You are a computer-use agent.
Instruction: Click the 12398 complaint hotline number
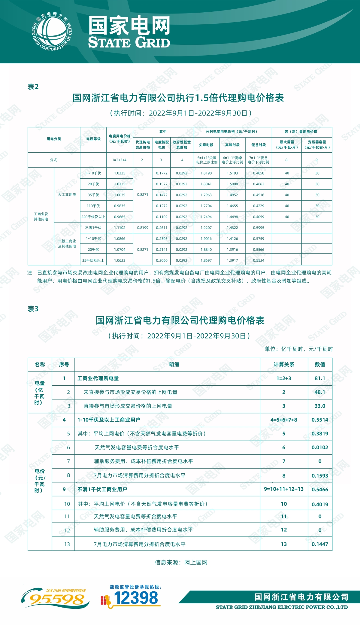[x=136, y=598]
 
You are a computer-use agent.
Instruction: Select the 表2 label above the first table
[x=33, y=87]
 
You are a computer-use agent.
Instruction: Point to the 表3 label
[x=33, y=309]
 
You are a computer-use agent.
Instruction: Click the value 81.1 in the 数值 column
[x=320, y=378]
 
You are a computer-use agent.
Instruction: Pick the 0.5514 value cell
[x=320, y=420]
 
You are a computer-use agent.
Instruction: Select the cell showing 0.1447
[x=320, y=544]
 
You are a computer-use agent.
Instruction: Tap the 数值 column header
[x=320, y=365]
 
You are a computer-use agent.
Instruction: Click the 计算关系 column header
[x=284, y=365]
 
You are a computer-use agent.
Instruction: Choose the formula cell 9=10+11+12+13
[x=284, y=489]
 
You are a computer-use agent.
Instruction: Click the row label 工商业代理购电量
[x=98, y=378]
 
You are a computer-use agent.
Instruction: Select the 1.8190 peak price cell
[x=206, y=173]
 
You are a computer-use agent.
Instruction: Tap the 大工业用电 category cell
[x=67, y=195]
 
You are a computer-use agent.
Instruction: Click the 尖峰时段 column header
[x=206, y=145]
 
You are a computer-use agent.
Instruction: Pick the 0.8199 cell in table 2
[x=143, y=228]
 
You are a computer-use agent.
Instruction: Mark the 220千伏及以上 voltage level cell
[x=93, y=217]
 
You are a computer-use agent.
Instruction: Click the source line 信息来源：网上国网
[x=181, y=563]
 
